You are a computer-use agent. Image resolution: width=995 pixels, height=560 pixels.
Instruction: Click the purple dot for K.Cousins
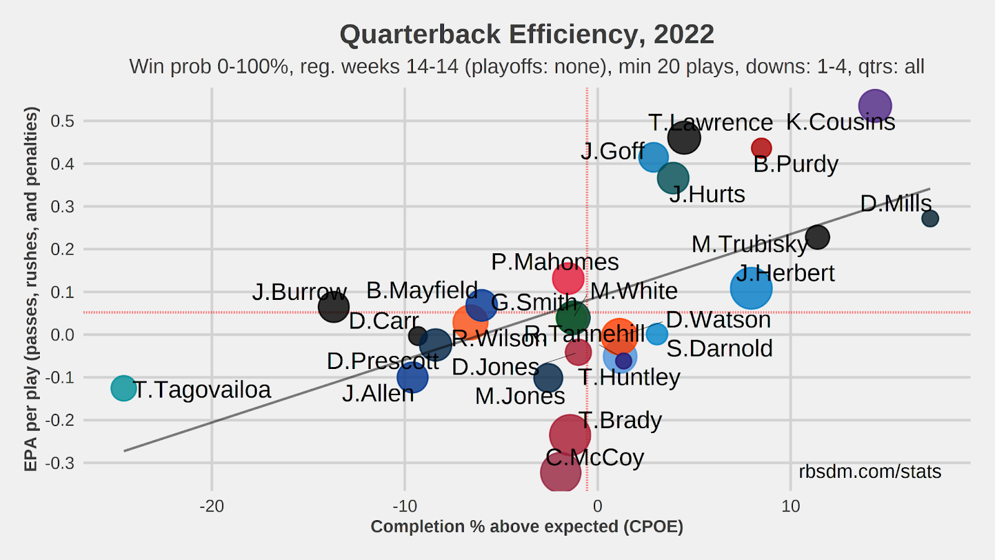874,106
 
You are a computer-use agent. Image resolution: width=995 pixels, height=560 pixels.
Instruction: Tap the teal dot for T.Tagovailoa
124,388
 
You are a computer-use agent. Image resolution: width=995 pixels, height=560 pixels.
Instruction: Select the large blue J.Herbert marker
751,288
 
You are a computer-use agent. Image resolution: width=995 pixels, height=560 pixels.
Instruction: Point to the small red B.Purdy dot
761,148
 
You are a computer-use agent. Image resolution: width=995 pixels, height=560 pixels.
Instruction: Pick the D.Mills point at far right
930,218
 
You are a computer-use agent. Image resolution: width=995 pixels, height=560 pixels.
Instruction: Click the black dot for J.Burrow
333,307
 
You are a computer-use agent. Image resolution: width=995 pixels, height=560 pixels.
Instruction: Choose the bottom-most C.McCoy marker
560,472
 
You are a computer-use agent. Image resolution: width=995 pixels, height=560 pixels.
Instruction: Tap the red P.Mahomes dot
568,278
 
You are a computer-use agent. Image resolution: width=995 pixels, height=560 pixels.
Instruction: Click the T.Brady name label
620,421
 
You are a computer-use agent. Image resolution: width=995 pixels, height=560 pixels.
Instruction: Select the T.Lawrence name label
710,123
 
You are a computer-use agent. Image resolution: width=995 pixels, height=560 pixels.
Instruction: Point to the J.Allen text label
378,394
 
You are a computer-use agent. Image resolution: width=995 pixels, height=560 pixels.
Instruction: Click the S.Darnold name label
720,348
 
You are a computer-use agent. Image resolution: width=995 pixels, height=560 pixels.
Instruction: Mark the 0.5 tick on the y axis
62,121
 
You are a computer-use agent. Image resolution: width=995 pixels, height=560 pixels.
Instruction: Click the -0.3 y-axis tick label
61,463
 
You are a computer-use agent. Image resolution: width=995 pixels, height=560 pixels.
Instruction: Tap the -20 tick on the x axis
211,506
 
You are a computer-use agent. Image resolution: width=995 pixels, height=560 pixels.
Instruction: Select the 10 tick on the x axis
790,506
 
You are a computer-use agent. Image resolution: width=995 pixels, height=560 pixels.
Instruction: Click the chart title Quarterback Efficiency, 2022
527,34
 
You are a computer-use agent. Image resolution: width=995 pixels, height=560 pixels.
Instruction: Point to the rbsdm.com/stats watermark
870,472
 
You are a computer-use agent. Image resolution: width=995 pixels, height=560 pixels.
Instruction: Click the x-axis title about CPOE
527,526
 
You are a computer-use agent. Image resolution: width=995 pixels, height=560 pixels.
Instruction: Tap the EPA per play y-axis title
31,289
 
